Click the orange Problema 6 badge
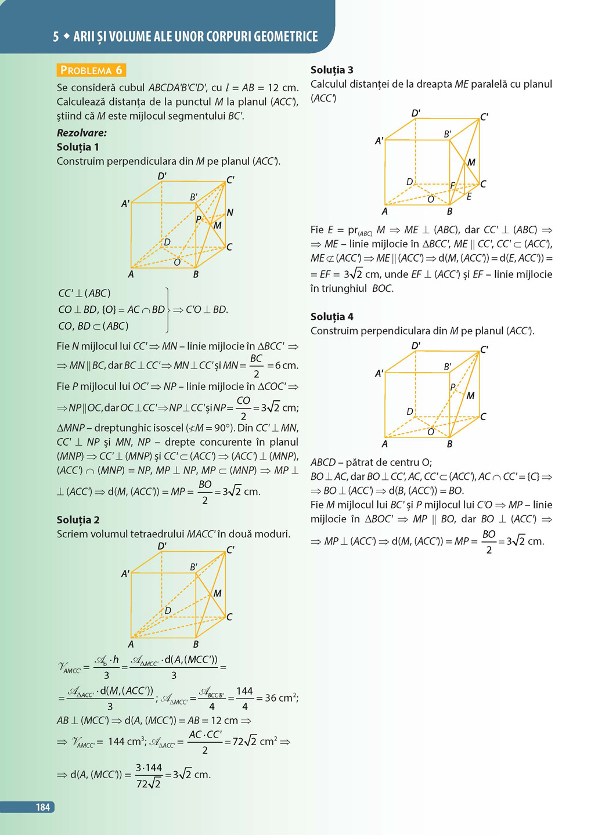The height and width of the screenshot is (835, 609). coord(91,70)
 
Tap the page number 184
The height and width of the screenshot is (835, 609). coord(43,807)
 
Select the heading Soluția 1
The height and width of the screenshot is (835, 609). coord(78,147)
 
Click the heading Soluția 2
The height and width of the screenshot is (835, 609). coord(78,519)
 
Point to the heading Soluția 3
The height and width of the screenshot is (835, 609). coord(331,70)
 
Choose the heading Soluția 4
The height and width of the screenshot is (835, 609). coord(331,316)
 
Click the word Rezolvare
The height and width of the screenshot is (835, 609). coord(81,133)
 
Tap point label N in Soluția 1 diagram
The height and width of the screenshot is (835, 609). coord(230,212)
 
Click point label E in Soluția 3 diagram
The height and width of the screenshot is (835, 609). coord(469,197)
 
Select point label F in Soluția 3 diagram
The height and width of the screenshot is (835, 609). coord(453,186)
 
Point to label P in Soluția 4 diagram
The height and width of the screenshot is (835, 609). coord(453,387)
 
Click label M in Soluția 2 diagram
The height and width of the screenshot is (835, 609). coord(218,593)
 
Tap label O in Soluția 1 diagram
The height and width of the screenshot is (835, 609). coord(177,262)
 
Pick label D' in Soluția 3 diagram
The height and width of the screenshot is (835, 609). coord(416,113)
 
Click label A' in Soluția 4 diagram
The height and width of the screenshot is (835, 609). coord(379,374)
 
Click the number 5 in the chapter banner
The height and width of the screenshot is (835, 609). coord(56,37)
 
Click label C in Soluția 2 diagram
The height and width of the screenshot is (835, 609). coord(229,617)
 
